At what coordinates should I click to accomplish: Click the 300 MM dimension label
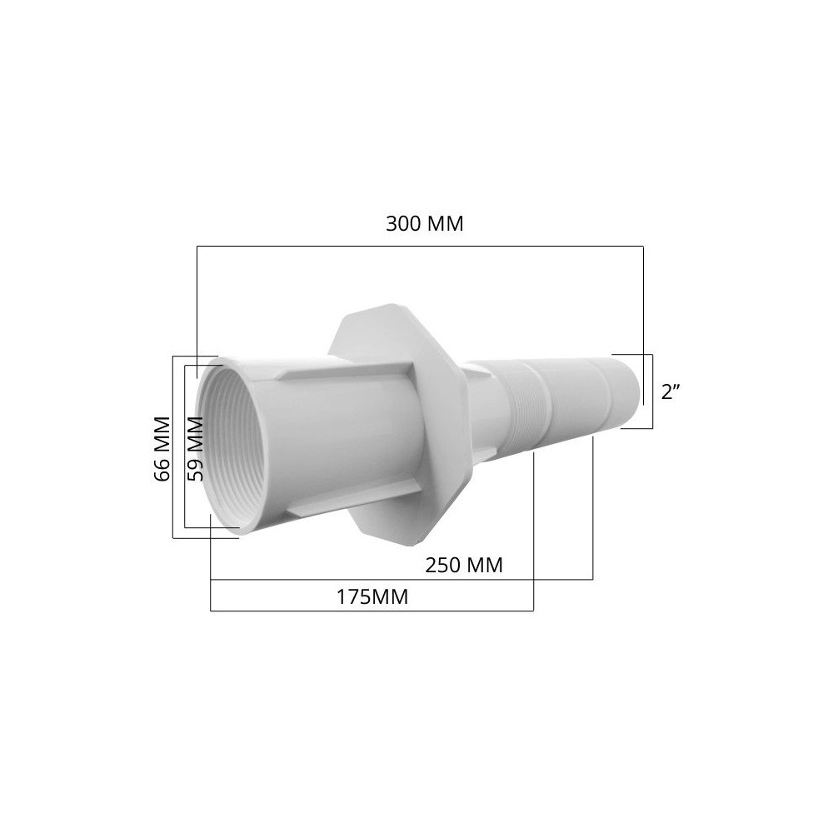pos(425,223)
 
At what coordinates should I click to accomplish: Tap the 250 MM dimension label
pos(464,565)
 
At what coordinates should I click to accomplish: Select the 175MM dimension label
pos(372,597)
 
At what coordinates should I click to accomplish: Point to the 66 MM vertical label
pos(162,448)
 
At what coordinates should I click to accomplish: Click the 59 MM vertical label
pos(196,448)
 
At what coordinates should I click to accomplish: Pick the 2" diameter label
pos(671,392)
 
